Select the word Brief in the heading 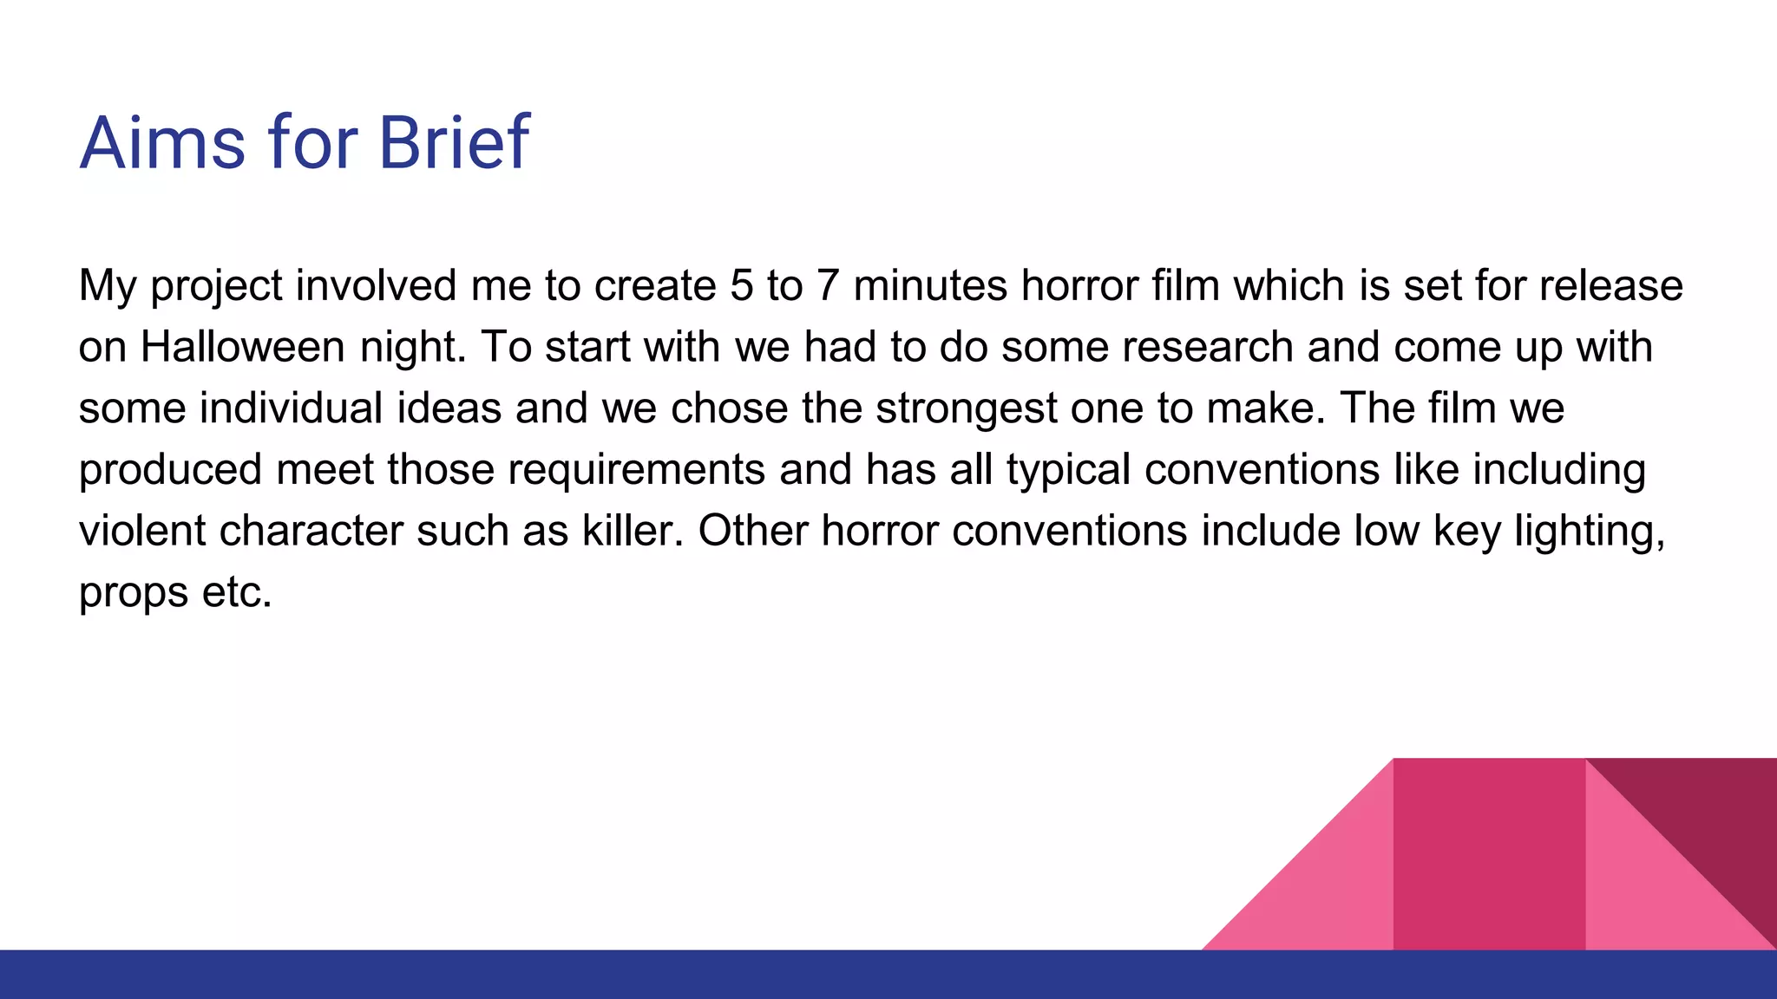tap(454, 142)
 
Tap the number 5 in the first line tap(742, 286)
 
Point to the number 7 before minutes tap(827, 286)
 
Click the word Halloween tap(243, 347)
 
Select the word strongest tap(966, 408)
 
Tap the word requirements tap(636, 470)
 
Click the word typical tap(1068, 470)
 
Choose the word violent tap(142, 531)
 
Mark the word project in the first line tap(217, 286)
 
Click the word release tap(1611, 286)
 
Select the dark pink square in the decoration tap(1489, 854)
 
